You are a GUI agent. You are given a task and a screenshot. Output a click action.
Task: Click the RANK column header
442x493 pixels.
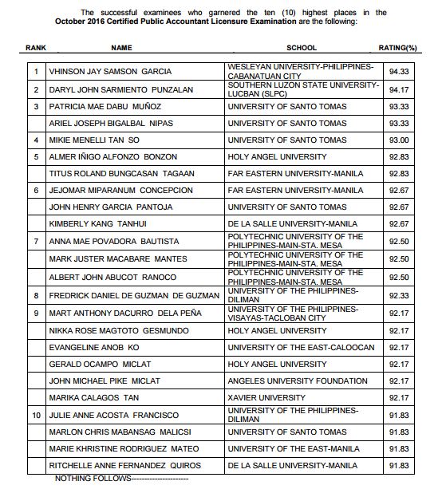(x=36, y=48)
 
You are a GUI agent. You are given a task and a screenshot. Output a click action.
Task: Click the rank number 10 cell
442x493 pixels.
(x=35, y=416)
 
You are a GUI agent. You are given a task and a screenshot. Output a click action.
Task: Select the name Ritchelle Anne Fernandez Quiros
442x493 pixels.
(x=123, y=465)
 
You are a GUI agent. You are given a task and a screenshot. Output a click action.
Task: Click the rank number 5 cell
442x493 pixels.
(x=35, y=157)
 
